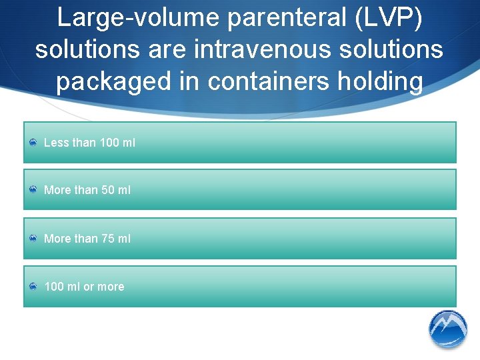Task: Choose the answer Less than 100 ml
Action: [89, 142]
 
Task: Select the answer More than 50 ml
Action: [87, 190]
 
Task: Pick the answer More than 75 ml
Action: [87, 238]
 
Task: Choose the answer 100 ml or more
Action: [84, 287]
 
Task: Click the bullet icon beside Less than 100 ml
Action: [33, 142]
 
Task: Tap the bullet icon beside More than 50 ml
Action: [33, 190]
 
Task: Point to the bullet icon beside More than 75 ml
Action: [33, 238]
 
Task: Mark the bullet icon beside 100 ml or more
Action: [33, 287]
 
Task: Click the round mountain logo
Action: [447, 329]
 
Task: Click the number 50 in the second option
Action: [107, 190]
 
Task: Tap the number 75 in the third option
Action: [107, 238]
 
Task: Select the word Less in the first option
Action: [56, 142]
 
